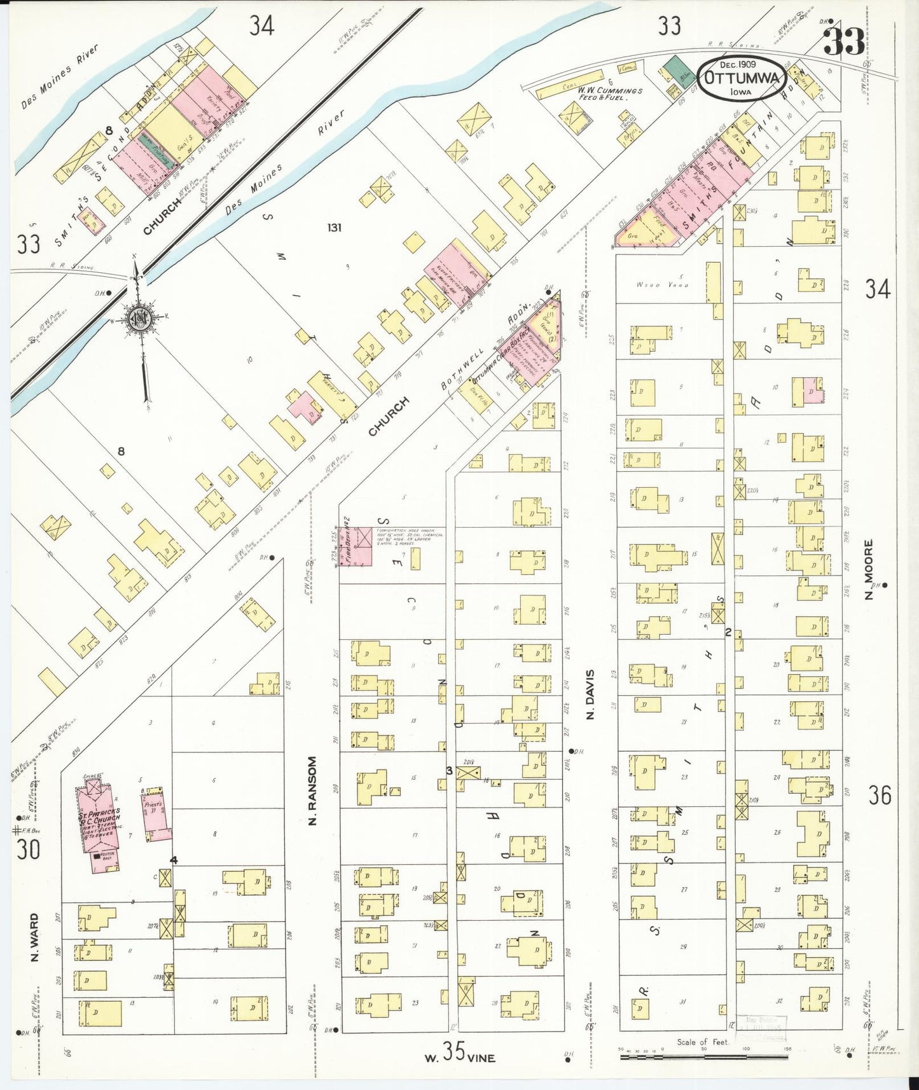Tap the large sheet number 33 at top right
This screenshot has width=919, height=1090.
pos(844,41)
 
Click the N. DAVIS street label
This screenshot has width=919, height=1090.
pos(591,694)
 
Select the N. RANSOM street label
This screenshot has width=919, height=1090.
pos(312,790)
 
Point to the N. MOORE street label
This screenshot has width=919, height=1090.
pos(869,569)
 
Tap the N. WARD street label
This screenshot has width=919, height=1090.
pos(34,937)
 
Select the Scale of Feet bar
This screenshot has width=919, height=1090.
pos(703,1056)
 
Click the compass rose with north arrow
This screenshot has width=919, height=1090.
pos(137,320)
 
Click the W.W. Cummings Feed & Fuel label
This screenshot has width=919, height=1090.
pos(610,94)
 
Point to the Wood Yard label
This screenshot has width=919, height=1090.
pos(661,285)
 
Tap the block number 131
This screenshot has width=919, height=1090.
pos(334,227)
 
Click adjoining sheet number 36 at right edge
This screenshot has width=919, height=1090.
pos(880,795)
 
